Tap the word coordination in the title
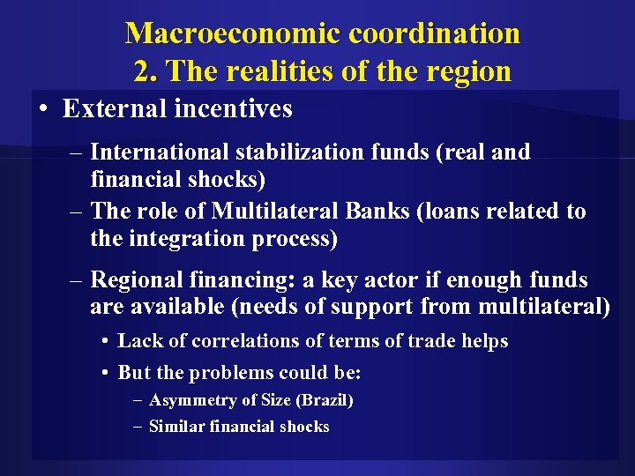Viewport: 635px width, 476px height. coord(434,33)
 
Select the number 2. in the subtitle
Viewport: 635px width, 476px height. coord(146,70)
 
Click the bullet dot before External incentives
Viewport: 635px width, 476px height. coord(43,109)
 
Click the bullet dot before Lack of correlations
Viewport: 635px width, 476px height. coord(105,341)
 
